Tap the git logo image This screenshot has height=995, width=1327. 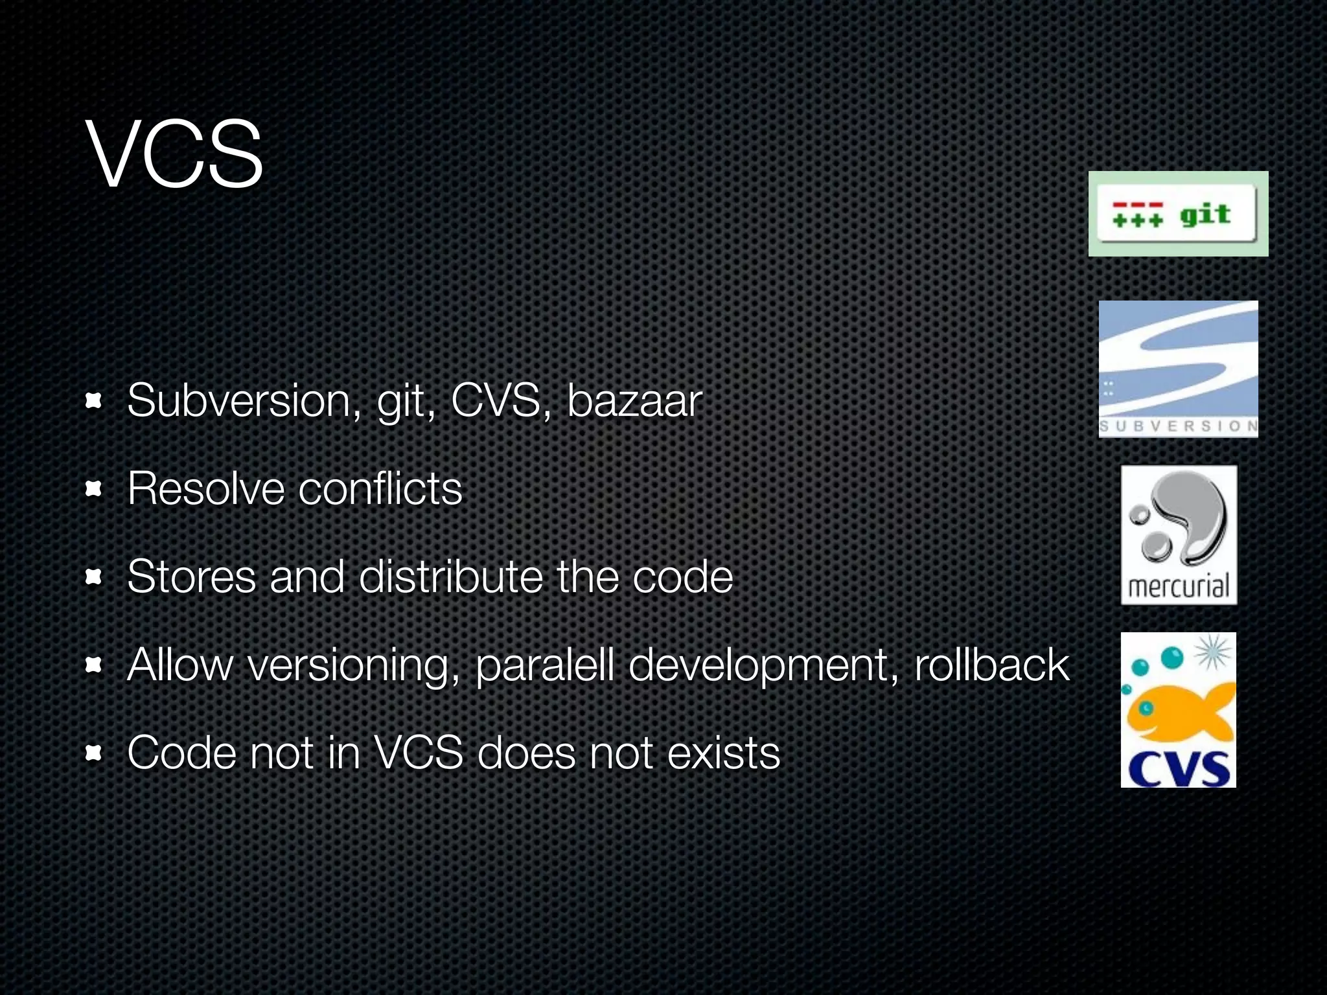click(1178, 214)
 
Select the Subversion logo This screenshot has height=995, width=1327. click(1178, 369)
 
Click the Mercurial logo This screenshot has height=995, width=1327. click(1179, 535)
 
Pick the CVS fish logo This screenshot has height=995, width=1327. click(1178, 710)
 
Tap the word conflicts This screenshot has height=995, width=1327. click(380, 488)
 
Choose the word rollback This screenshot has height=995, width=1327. click(991, 665)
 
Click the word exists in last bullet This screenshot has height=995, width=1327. click(724, 753)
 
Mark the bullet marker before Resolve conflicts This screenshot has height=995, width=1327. click(94, 489)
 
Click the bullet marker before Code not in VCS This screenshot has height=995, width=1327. click(94, 753)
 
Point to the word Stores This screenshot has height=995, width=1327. click(191, 577)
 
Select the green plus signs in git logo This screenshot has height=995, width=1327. click(1138, 220)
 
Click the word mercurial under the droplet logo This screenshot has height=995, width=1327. click(1178, 587)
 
